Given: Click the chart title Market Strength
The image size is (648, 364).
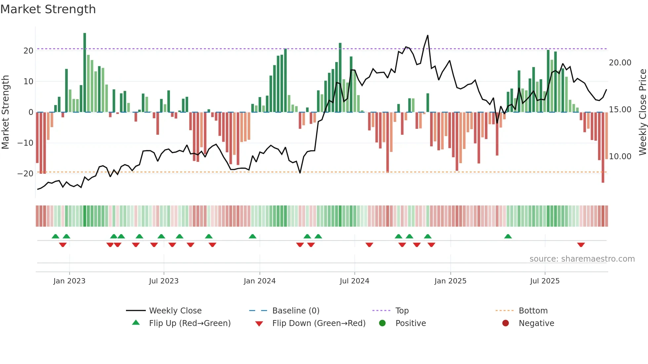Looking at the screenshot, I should pos(48,9).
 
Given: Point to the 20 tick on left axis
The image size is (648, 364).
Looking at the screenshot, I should pos(28,51).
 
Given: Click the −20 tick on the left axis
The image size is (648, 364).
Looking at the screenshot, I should pos(25,174).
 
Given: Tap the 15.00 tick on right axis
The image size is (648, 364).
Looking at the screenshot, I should pos(620,110).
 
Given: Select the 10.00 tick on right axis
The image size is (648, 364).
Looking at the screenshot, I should pos(620,157).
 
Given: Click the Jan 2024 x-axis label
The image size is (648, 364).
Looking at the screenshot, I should pos(260,281).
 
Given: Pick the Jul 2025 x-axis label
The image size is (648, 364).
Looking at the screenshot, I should pos(545,281).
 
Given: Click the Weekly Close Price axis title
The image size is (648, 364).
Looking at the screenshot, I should pos(642,112).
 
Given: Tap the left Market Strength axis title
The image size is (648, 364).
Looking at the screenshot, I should pos(5,112).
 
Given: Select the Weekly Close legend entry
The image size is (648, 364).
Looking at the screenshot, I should pos(175,311).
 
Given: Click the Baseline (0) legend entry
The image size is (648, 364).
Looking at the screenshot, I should pos(296,311).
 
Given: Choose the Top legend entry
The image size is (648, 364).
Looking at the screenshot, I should pos(402,311).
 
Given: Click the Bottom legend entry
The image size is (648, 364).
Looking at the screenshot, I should pos(533,311).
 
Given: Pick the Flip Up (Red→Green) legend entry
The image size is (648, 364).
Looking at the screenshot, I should pos(189,323).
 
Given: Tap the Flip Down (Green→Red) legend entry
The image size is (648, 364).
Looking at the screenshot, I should pos(319,323).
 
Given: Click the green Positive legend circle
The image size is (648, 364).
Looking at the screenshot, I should pos(382,323).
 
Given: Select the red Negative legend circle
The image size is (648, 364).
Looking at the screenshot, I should pos(506,323).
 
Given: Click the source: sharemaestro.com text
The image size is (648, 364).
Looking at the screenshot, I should pos(582,259).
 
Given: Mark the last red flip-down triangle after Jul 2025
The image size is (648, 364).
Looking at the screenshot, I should pos(581,245).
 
